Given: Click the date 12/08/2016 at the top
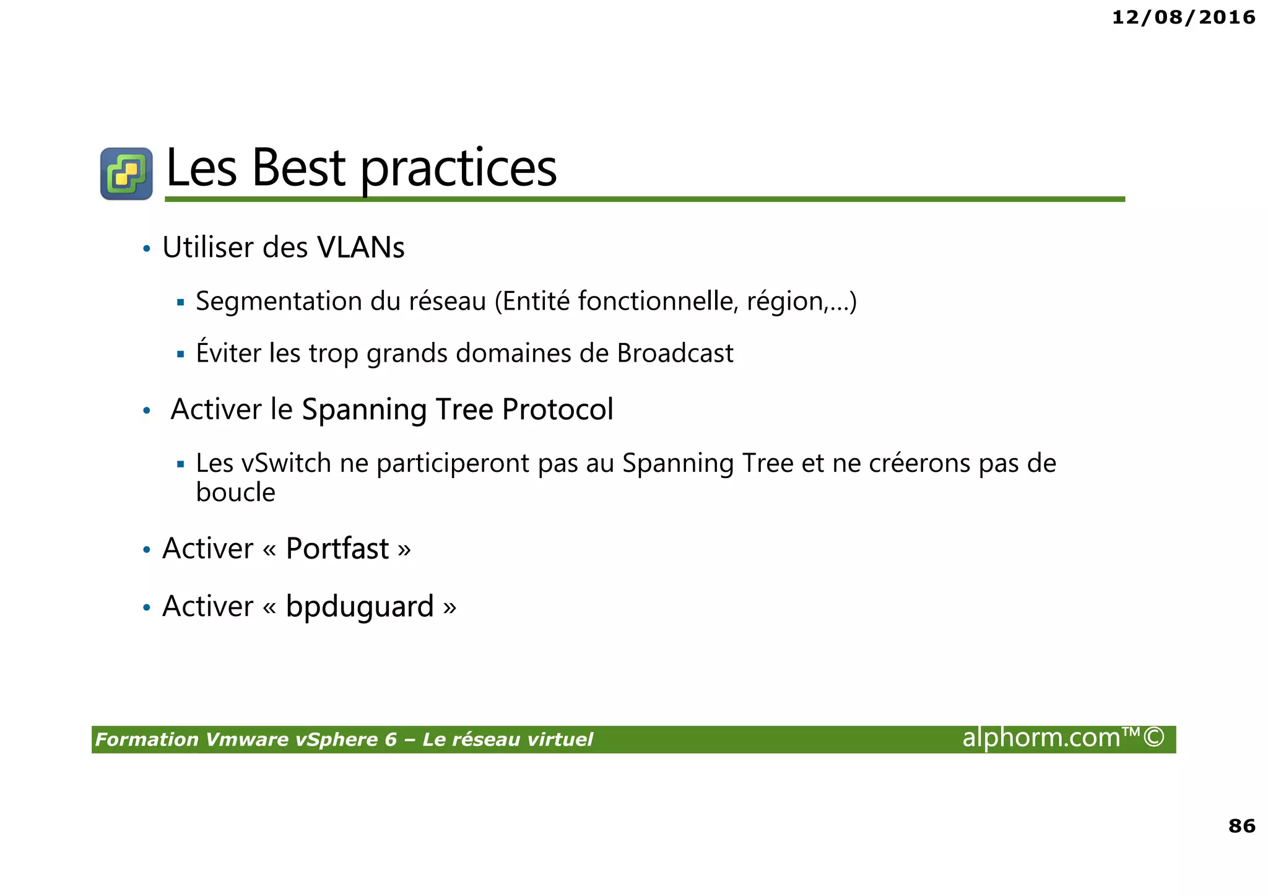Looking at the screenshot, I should (x=1183, y=17).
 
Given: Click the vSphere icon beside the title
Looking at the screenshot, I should (x=126, y=173).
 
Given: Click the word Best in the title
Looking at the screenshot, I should (x=298, y=168).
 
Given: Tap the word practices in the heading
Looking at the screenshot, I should (x=458, y=170).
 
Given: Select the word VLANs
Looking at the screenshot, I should (x=360, y=248).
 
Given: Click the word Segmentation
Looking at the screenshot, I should (x=279, y=302).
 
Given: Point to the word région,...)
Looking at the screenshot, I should (x=801, y=302).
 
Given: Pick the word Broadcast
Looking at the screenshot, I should (x=675, y=354).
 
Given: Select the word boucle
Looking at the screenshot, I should (x=235, y=493).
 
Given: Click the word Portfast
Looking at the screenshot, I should (x=337, y=549).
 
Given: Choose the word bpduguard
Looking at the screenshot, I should (x=360, y=607).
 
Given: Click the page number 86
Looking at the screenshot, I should (x=1241, y=826).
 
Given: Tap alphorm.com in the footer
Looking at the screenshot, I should (x=1041, y=738).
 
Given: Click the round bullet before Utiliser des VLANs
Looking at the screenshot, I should (x=147, y=249).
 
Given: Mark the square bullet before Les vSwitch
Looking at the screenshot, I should (x=181, y=464).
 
